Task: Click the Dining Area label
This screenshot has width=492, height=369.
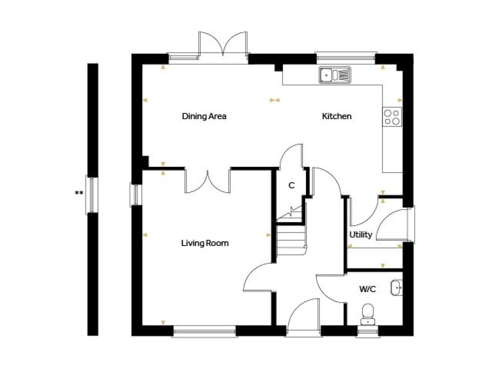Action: pyautogui.click(x=204, y=116)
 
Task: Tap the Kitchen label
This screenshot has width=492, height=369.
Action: pyautogui.click(x=337, y=116)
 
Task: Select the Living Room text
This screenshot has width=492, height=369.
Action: pyautogui.click(x=205, y=243)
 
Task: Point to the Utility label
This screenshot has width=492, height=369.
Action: pyautogui.click(x=360, y=234)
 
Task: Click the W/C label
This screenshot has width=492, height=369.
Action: pyautogui.click(x=368, y=289)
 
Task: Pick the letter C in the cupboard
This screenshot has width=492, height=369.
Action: pyautogui.click(x=292, y=185)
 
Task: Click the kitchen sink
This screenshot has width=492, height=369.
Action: pyautogui.click(x=335, y=75)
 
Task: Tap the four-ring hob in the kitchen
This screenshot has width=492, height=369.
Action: pyautogui.click(x=392, y=117)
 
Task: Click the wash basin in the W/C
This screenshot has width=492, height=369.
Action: pyautogui.click(x=396, y=288)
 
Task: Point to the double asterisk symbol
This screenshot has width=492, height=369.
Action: pyautogui.click(x=79, y=193)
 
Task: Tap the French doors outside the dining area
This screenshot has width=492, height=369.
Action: pyautogui.click(x=223, y=44)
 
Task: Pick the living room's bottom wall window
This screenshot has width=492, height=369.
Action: pyautogui.click(x=205, y=332)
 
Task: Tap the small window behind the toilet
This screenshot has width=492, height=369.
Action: pyautogui.click(x=368, y=332)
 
